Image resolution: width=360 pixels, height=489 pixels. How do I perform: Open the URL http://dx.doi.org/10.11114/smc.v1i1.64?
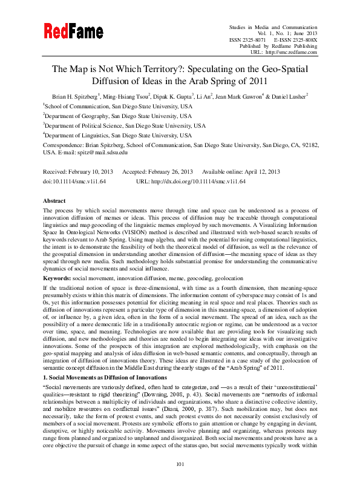(x=203, y=181)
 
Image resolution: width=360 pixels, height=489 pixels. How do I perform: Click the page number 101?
(x=180, y=481)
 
